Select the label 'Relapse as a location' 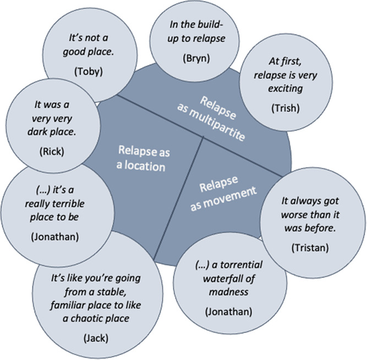[141, 157]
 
